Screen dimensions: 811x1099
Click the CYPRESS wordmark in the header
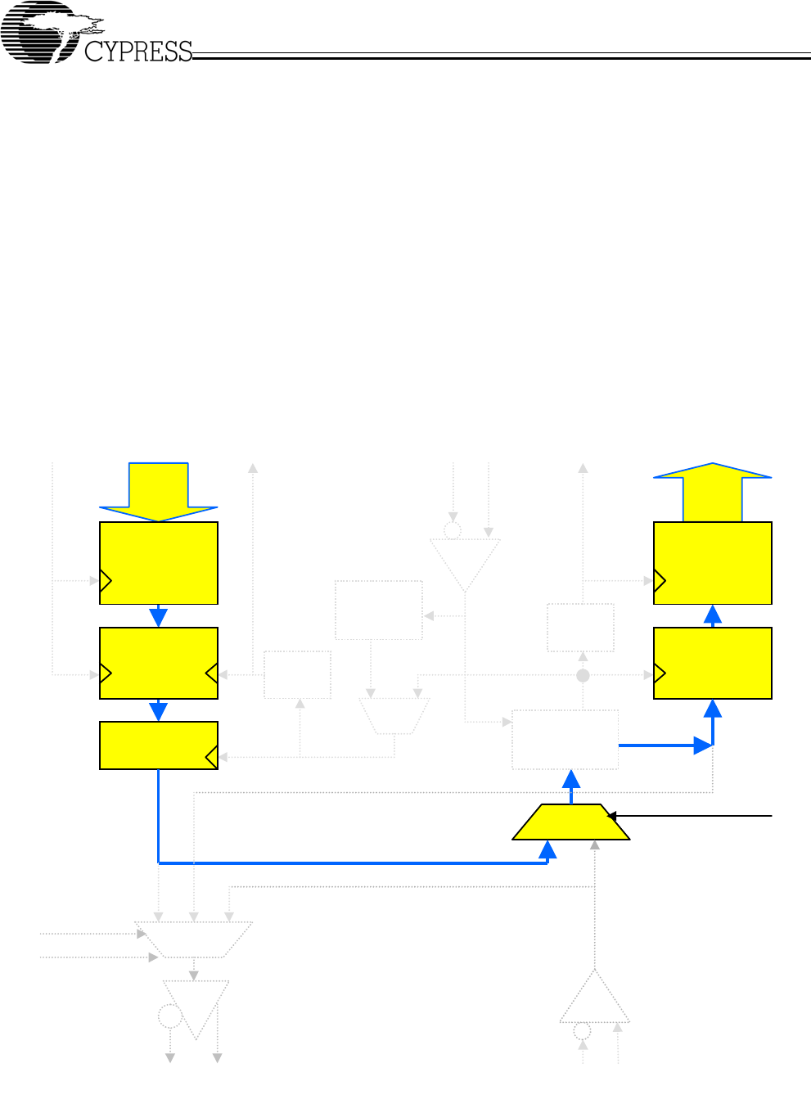pos(138,52)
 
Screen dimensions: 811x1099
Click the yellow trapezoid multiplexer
pos(571,822)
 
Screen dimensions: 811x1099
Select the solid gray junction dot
pos(583,676)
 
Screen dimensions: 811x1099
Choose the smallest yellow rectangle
pos(159,745)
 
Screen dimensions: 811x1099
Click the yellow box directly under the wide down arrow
pos(159,563)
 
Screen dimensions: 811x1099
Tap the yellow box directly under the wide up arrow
pos(713,563)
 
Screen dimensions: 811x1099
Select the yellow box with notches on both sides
pos(159,663)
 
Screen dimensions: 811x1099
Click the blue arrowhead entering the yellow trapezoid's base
pos(547,849)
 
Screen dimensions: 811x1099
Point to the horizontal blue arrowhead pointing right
pos(702,745)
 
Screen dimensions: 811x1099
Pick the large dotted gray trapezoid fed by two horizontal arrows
pos(194,939)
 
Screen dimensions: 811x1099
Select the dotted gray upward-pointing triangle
pos(595,998)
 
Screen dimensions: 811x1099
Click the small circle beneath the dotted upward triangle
pos(583,1029)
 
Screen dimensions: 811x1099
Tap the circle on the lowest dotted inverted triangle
pos(169,1017)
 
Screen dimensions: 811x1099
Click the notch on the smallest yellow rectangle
pos(212,758)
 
